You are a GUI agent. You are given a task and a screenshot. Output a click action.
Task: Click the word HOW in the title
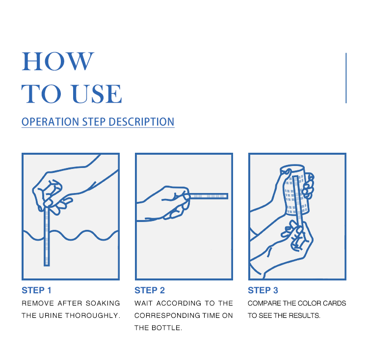[58, 61]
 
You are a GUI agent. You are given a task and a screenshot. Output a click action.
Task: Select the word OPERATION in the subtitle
[50, 122]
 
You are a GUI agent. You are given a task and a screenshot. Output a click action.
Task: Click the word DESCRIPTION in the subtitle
[141, 122]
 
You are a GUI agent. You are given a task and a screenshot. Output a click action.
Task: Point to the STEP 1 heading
[36, 290]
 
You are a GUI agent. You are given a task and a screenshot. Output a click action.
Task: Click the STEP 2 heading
[150, 290]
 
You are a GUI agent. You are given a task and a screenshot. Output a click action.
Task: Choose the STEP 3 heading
[263, 290]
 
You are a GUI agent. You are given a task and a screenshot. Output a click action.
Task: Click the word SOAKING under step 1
[103, 303]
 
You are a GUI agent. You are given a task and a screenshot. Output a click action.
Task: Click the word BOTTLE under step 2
[167, 328]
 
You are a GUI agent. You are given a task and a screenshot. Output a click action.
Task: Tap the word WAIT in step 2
[143, 303]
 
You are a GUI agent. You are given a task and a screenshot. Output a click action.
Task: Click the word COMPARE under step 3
[264, 303]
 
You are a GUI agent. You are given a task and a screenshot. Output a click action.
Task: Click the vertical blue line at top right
[346, 78]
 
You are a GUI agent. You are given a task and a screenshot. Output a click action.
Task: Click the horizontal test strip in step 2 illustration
[209, 196]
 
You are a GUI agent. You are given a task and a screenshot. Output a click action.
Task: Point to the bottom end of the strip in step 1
[47, 266]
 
